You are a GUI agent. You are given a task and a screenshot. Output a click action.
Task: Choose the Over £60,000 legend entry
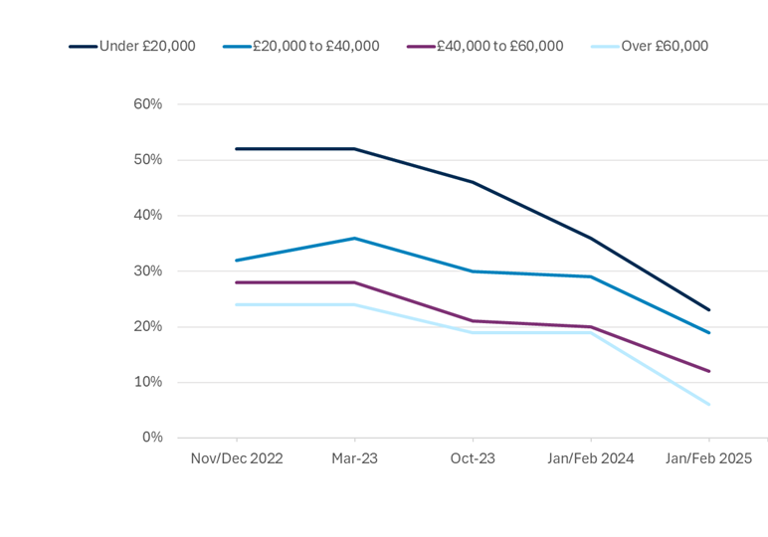[664, 46]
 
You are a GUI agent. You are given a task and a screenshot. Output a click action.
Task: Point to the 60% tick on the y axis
[147, 104]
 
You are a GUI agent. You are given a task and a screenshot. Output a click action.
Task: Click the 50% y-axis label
[147, 160]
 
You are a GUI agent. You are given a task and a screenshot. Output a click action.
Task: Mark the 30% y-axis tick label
[147, 271]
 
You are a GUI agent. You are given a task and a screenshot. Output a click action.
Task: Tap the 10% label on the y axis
[147, 383]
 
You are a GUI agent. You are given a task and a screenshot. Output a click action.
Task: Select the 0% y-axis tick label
[151, 438]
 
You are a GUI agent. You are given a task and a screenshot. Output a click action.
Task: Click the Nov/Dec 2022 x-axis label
[237, 458]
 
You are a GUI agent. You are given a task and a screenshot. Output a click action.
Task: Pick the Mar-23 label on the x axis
[355, 458]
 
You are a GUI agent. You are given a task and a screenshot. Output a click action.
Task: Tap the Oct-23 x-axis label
[473, 458]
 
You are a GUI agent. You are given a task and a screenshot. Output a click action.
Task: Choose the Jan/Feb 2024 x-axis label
[591, 458]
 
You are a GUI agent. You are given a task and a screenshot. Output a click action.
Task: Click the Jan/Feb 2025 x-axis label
[708, 458]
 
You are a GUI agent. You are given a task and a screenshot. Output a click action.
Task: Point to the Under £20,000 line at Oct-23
[473, 182]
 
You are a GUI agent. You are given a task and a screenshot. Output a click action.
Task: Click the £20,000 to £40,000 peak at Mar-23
[355, 238]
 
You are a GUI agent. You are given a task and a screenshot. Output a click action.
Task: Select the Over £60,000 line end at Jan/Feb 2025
[708, 405]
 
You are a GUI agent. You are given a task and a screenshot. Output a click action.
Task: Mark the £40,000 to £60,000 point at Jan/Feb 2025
[708, 371]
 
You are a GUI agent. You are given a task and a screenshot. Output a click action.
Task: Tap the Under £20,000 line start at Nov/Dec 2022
[237, 149]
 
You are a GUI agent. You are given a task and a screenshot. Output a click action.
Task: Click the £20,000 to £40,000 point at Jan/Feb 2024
[591, 276]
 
